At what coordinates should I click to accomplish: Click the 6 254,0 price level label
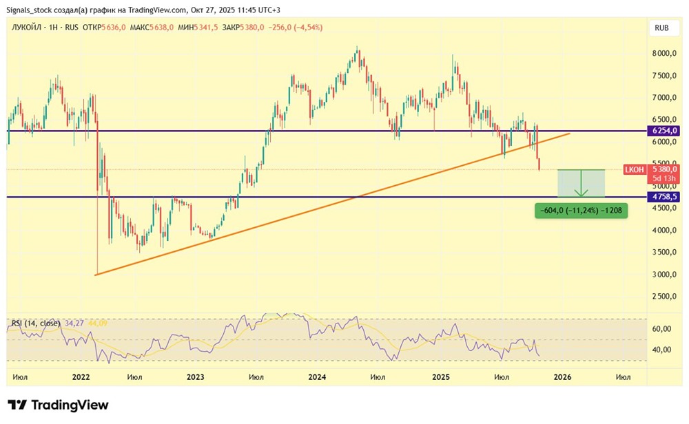coord(663,130)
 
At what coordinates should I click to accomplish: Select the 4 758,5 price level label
coord(663,197)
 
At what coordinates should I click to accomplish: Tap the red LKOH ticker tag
coord(634,169)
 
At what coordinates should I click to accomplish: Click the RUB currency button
coord(661,28)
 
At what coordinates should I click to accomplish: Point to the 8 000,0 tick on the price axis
coord(664,54)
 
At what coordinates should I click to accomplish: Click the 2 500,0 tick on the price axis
coord(664,296)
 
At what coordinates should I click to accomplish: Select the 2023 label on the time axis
coord(195,377)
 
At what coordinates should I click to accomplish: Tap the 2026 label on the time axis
coord(562,377)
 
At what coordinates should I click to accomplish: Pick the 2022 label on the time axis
coord(81,377)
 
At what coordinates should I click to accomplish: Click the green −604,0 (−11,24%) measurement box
coord(581,211)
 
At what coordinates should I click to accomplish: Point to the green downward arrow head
coord(581,193)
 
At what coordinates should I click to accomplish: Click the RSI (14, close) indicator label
coord(36,324)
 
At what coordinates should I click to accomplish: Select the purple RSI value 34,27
coord(74,324)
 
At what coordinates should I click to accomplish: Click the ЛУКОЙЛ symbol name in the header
coord(26,28)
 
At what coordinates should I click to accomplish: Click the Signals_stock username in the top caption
coord(28,10)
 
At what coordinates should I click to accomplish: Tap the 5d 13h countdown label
coord(664,178)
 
